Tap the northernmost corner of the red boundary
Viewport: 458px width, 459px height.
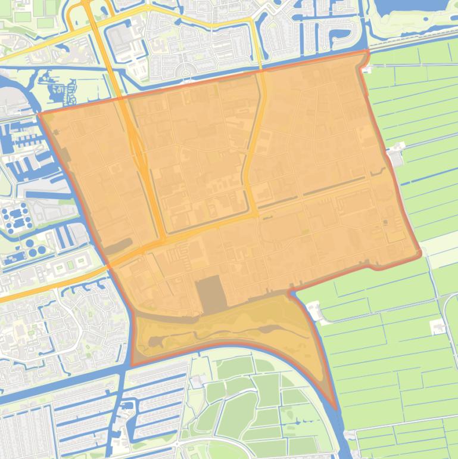[366, 52]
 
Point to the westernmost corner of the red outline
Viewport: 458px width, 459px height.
[40, 113]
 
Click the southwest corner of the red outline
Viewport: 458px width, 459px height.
[132, 365]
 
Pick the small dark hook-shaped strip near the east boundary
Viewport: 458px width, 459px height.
[378, 173]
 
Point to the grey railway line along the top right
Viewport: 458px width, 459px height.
[411, 45]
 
